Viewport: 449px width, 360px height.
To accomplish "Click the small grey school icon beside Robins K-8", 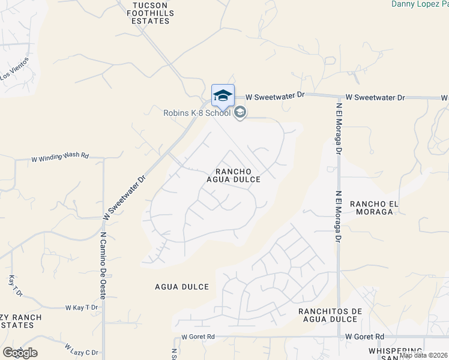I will pyautogui.click(x=240, y=113).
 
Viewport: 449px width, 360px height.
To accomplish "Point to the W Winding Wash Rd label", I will pyautogui.click(x=60, y=157).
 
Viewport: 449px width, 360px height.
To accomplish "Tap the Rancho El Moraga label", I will pyautogui.click(x=375, y=207).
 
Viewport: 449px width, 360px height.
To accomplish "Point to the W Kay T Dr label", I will pyautogui.click(x=81, y=307).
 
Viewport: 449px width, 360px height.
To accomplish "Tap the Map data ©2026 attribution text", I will pyautogui.click(x=424, y=355).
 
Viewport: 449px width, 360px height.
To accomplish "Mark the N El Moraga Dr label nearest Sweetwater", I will pyautogui.click(x=339, y=129).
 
